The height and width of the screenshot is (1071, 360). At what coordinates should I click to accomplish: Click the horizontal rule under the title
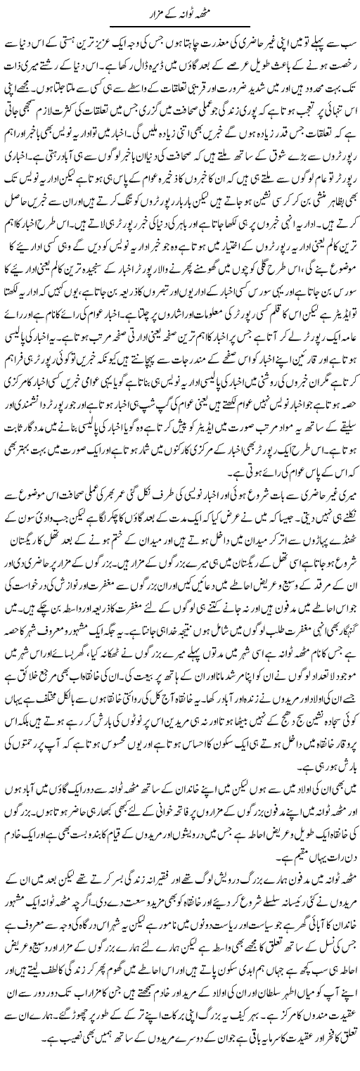click(x=180, y=27)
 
